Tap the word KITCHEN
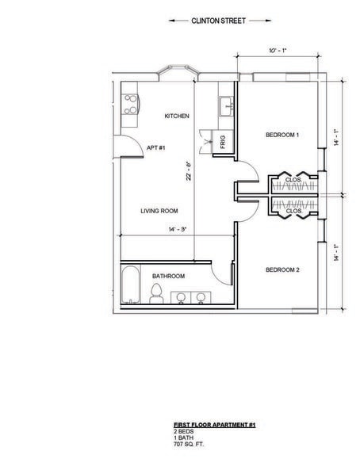[177, 116]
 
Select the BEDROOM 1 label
[281, 136]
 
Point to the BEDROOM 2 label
[281, 270]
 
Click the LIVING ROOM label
[159, 211]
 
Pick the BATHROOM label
[169, 276]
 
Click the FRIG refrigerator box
[224, 143]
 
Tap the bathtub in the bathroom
[130, 288]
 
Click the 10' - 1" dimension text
[277, 50]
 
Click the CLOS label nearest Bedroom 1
[292, 180]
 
